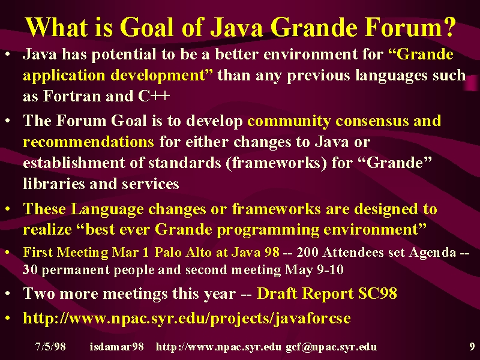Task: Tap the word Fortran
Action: (x=71, y=96)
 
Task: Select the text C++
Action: (x=154, y=96)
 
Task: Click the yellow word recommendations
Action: (x=88, y=142)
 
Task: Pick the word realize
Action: (x=47, y=229)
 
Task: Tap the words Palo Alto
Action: (x=183, y=252)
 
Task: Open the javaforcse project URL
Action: (x=187, y=319)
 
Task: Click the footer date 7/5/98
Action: (x=50, y=347)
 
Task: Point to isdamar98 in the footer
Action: (x=116, y=347)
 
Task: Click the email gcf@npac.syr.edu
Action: (x=331, y=347)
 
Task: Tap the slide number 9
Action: (x=472, y=347)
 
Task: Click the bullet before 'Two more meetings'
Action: (x=8, y=293)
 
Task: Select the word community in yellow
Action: (x=289, y=121)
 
